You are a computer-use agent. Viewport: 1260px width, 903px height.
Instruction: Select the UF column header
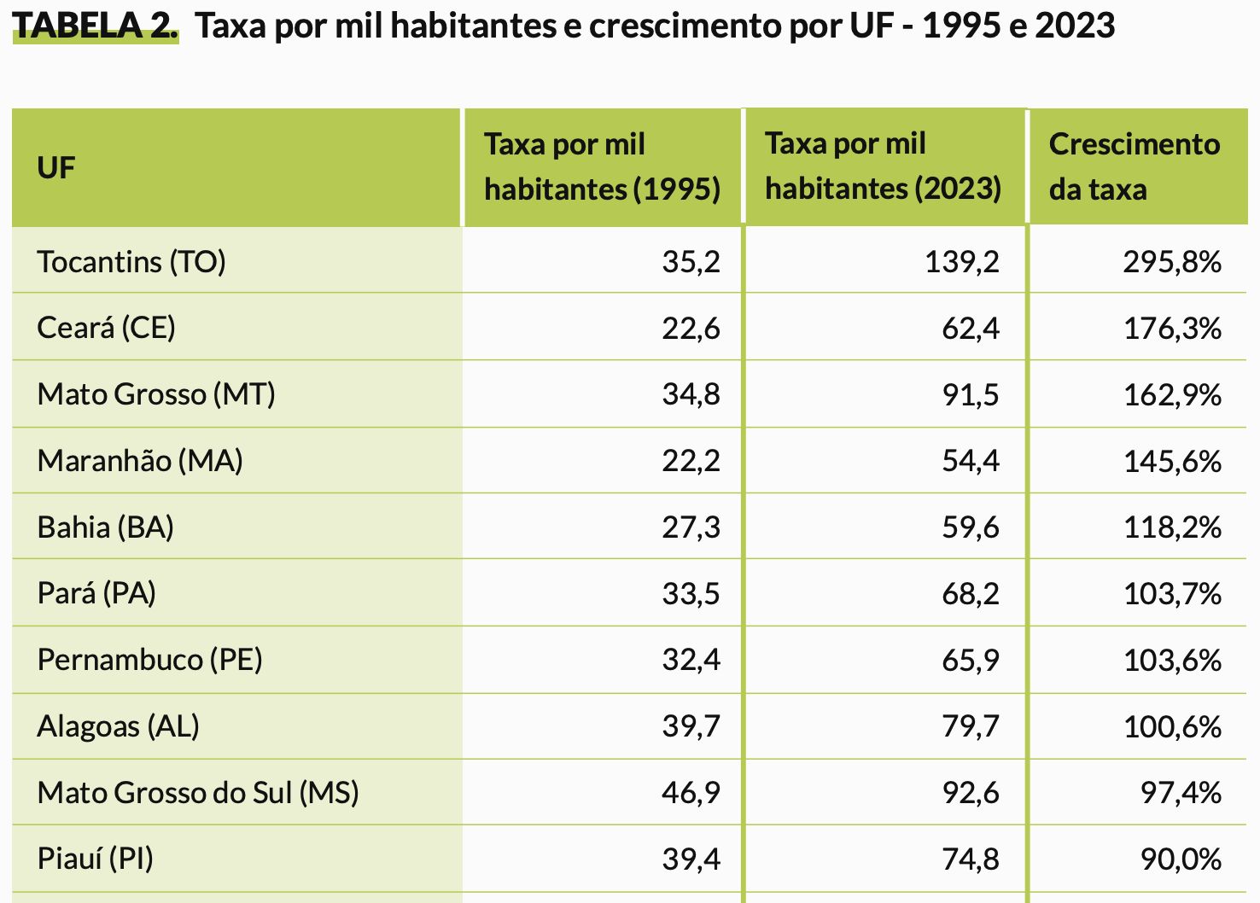pos(56,168)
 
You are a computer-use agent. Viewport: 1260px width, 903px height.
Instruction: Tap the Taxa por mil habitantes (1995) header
pos(602,166)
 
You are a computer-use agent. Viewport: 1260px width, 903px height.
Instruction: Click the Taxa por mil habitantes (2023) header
pos(883,166)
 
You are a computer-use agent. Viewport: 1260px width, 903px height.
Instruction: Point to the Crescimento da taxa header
pos(1134,166)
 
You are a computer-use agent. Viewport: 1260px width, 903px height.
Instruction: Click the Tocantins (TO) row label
pos(131,261)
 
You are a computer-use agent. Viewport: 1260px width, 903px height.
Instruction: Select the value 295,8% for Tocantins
pos(1172,261)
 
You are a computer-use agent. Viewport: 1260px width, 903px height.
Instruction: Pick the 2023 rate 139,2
pos(961,261)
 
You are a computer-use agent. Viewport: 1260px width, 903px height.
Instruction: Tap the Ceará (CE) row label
pos(106,328)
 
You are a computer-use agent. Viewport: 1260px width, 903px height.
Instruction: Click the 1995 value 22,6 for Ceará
pos(691,328)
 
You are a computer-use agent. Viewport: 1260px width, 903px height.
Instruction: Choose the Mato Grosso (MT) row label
pos(156,394)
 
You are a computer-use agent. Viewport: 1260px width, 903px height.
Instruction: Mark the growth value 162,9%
pos(1172,394)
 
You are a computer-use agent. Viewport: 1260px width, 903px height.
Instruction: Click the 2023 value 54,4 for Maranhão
pos(971,461)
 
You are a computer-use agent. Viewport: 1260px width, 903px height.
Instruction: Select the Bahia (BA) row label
pos(106,527)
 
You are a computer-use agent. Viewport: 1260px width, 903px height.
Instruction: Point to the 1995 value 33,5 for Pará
pos(691,593)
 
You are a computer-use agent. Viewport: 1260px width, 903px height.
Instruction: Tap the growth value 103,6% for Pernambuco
pos(1172,660)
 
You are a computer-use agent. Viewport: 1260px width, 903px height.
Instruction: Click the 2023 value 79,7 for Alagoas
pos(971,726)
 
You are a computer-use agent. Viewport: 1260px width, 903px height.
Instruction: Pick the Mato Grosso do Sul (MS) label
pos(198,793)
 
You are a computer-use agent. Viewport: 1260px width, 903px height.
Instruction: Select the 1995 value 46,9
pos(691,793)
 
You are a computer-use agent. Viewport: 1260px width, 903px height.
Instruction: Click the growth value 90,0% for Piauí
pos(1181,859)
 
